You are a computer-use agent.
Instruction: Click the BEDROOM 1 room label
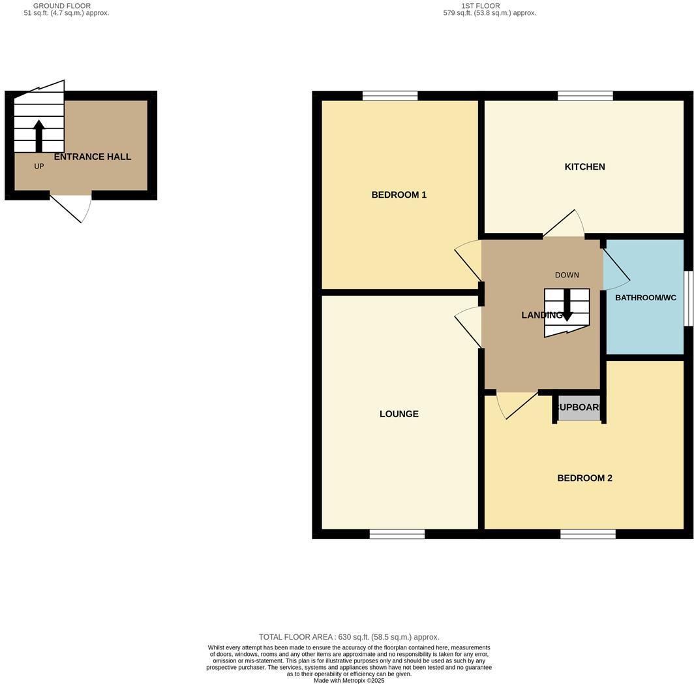click(399, 194)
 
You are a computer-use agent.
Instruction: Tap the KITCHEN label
click(584, 166)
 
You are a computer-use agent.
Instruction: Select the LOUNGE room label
click(399, 414)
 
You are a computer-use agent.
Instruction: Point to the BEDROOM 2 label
click(584, 478)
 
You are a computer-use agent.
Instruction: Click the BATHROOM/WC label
click(645, 298)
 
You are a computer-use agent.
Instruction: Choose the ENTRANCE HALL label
click(92, 157)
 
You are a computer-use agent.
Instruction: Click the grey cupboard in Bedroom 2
click(579, 407)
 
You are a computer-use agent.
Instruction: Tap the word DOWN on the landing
click(567, 275)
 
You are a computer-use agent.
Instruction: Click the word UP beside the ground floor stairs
click(39, 166)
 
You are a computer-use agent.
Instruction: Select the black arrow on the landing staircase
click(567, 305)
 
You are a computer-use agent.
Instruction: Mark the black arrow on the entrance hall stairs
click(39, 135)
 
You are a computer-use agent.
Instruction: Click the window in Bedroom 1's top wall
click(390, 96)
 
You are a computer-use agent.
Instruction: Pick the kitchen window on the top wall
click(585, 96)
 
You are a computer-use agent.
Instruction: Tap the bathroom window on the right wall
click(687, 298)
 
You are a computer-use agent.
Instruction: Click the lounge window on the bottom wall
click(397, 534)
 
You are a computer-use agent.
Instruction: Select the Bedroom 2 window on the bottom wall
click(588, 534)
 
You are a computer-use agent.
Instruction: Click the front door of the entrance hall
click(72, 208)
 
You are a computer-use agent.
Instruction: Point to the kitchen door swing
click(565, 225)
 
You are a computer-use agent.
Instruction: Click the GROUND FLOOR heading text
click(62, 6)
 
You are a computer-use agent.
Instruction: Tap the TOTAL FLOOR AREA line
click(349, 637)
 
